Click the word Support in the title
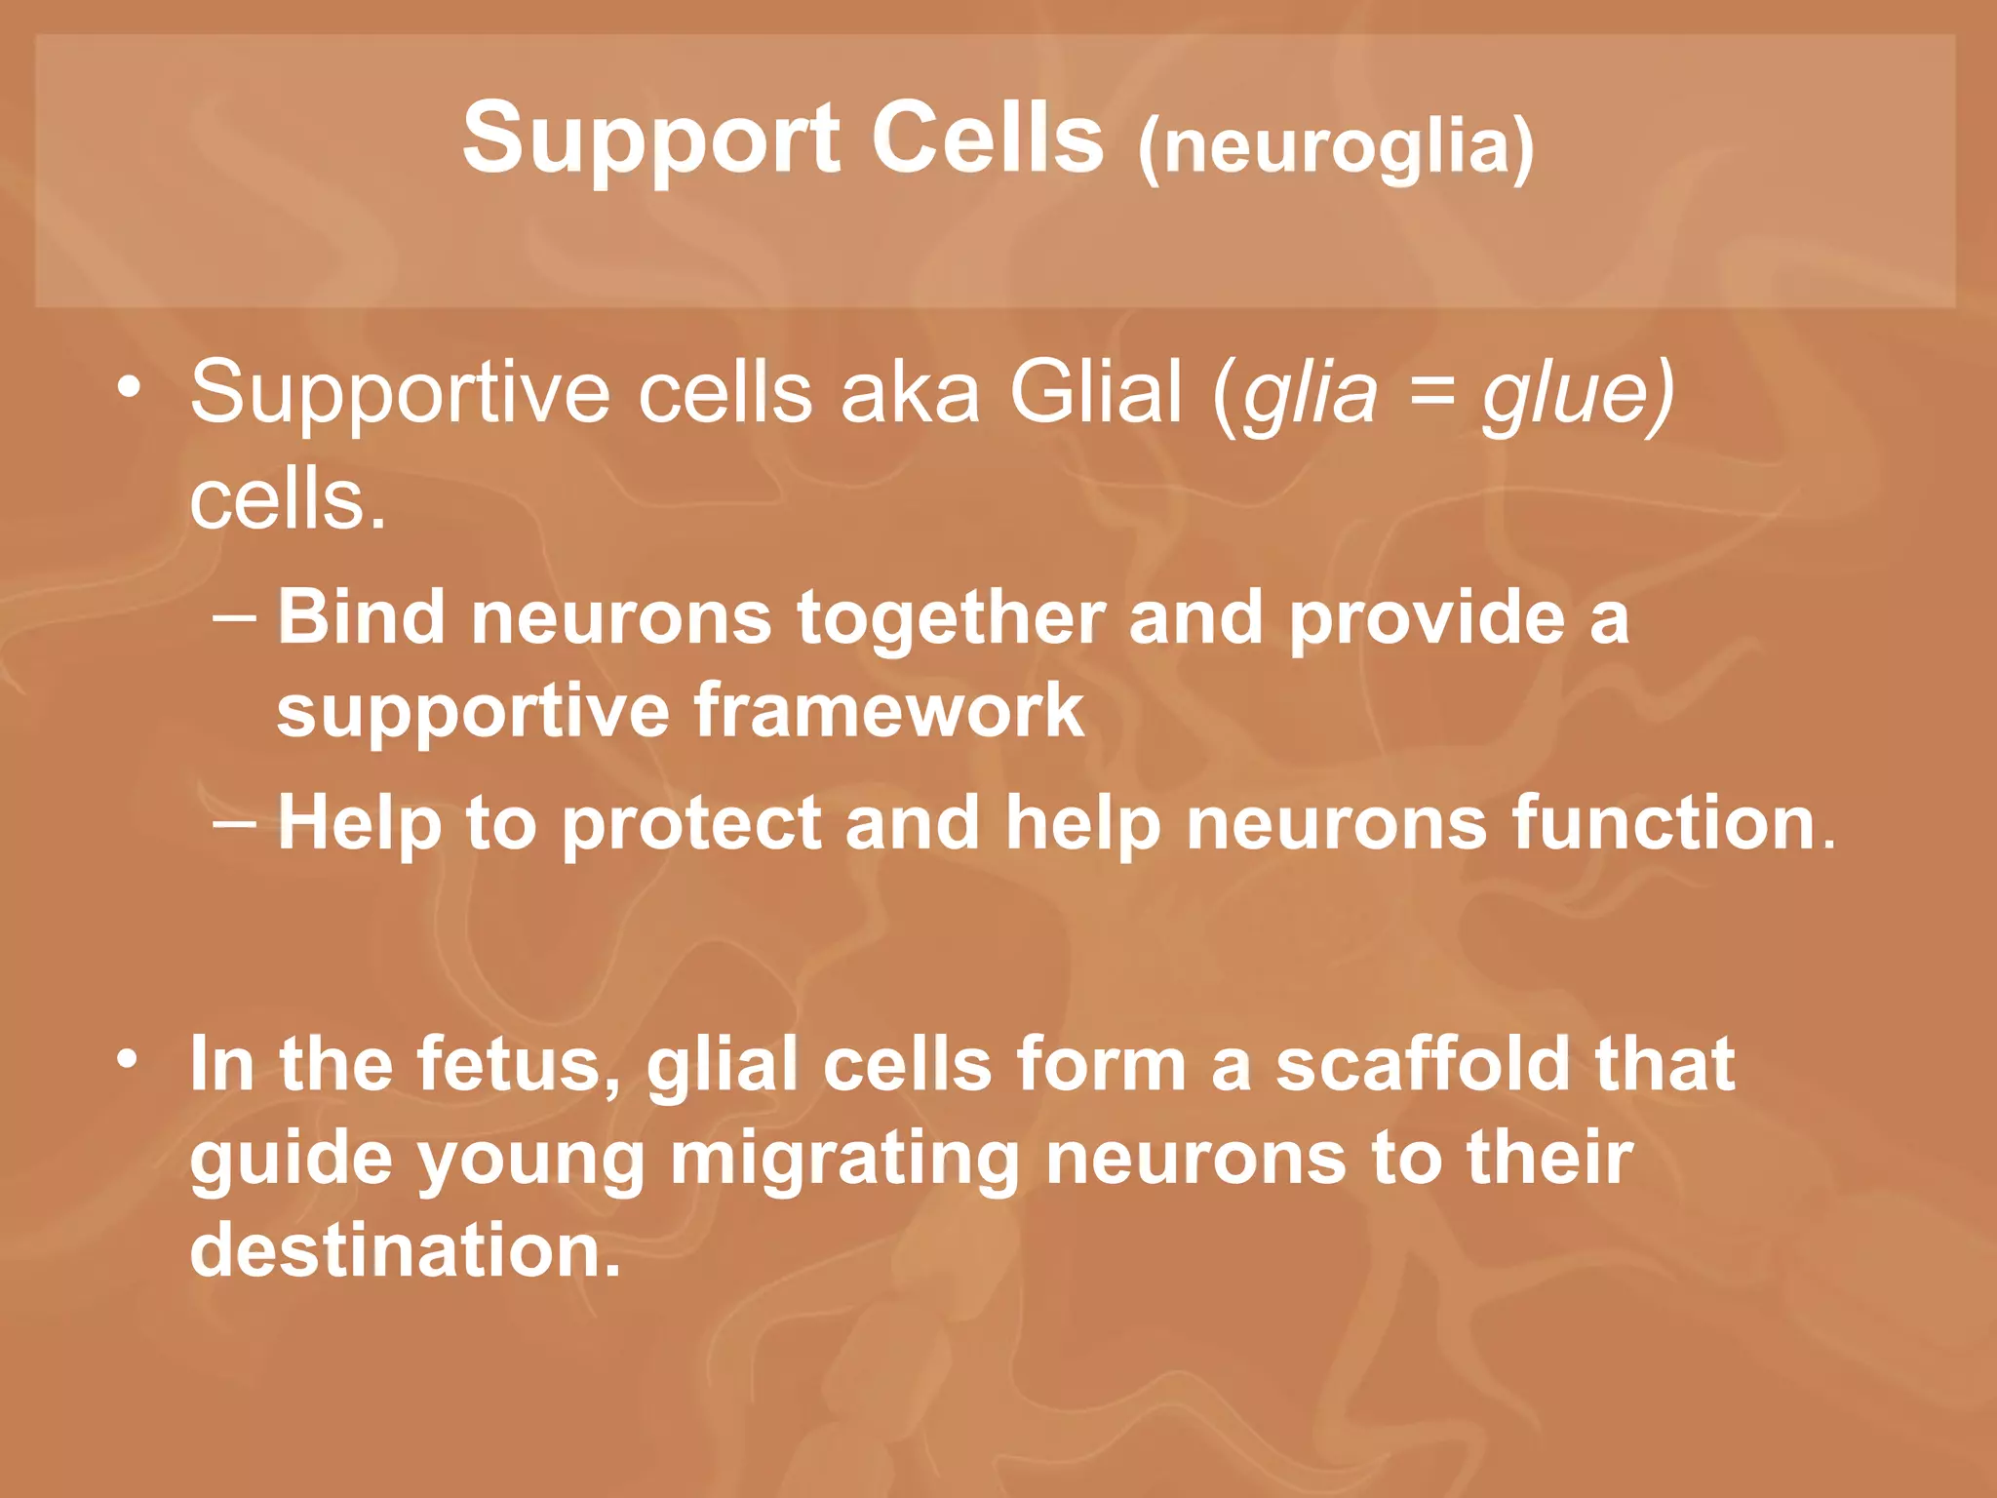click(650, 139)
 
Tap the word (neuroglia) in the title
click(1336, 146)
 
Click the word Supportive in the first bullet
click(400, 393)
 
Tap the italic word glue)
click(1577, 393)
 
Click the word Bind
click(362, 617)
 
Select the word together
click(951, 619)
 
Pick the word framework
click(888, 710)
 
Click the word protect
click(691, 824)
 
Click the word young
click(530, 1161)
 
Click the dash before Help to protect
click(234, 824)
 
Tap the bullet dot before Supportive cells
click(128, 387)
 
